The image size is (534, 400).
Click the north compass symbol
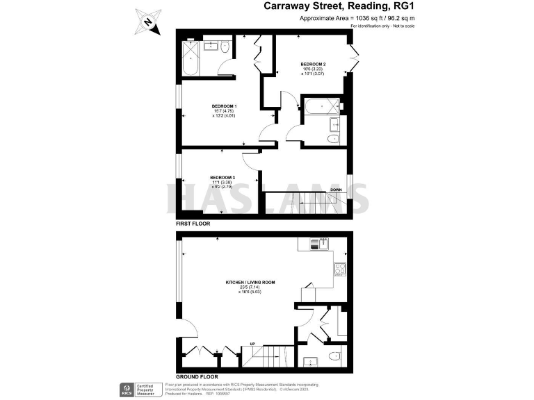pos(147,21)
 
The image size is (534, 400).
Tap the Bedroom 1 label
pos(225,106)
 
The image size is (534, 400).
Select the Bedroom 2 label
pos(313,64)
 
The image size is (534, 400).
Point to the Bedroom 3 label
pos(223,177)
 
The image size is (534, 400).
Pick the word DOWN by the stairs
pos(336,190)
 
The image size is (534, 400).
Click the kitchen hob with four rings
pos(341,269)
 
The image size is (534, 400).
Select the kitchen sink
pos(321,243)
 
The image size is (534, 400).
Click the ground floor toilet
pos(331,359)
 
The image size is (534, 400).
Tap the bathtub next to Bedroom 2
pos(321,108)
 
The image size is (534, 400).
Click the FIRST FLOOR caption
pos(193,224)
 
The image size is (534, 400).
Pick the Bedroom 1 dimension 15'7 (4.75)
pos(225,111)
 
